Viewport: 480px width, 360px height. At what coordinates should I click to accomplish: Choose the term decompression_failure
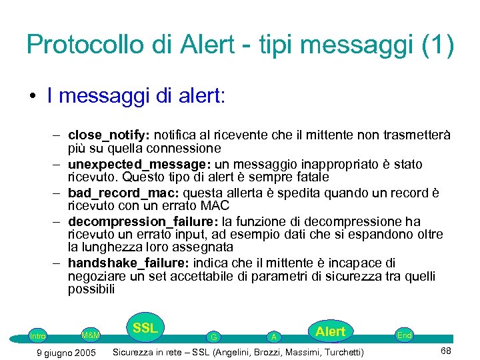coord(127,221)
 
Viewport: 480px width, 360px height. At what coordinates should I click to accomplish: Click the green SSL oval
coord(145,329)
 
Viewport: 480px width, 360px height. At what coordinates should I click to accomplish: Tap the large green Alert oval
coord(330,332)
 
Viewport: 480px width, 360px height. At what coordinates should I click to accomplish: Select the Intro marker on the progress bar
coord(38,336)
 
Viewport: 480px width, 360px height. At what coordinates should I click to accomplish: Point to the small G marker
coord(213,337)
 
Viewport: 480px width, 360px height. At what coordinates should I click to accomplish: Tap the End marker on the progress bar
coord(404,335)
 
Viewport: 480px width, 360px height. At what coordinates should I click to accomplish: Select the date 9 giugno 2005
coord(65,352)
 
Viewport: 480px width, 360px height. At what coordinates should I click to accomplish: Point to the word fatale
coord(311,177)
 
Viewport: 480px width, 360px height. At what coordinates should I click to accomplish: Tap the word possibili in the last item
coord(91,289)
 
